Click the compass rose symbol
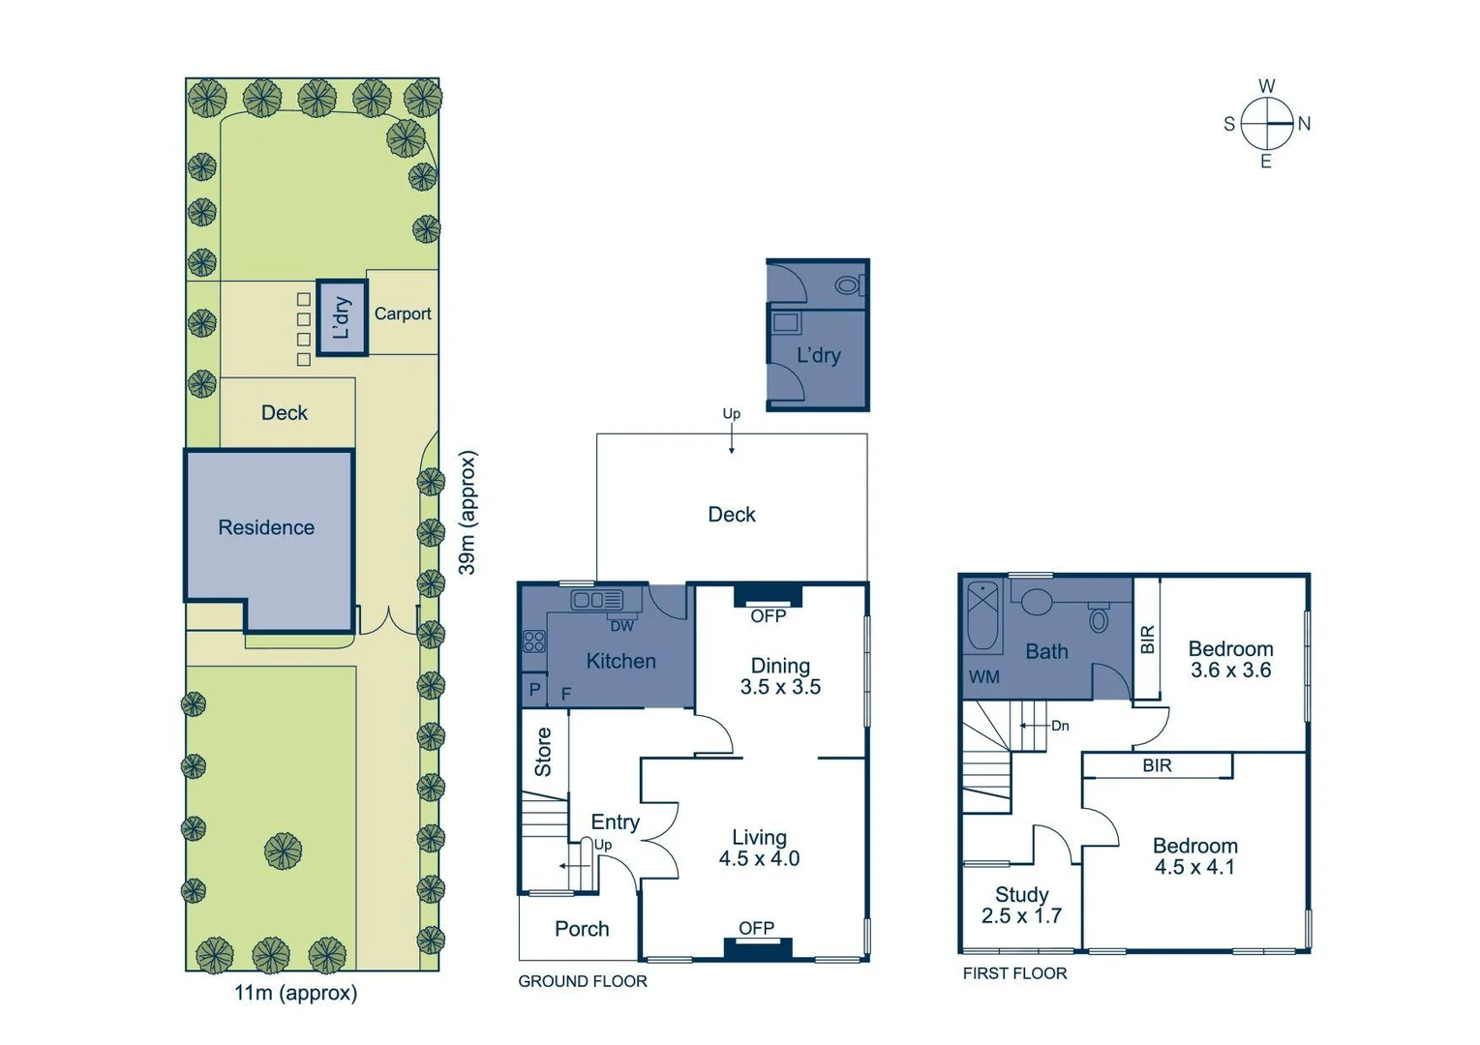[x=1266, y=124]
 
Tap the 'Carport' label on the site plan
[x=403, y=313]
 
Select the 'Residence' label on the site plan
[x=266, y=527]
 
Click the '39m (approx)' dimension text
[x=467, y=512]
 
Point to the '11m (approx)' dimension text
[x=295, y=993]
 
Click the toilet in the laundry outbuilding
[x=848, y=285]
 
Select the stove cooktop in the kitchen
[x=533, y=641]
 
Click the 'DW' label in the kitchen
[x=621, y=626]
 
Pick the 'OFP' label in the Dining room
[x=768, y=615]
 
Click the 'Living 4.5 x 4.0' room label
[x=759, y=848]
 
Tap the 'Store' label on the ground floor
[x=543, y=752]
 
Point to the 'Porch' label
[x=582, y=929]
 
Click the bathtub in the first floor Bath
[x=984, y=615]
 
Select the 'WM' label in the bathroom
[x=983, y=677]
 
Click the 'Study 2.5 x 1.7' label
[x=1021, y=905]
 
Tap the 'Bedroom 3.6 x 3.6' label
[x=1230, y=659]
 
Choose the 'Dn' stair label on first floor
[x=1060, y=726]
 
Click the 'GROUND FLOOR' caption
[x=583, y=981]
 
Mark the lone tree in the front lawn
[x=283, y=851]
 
